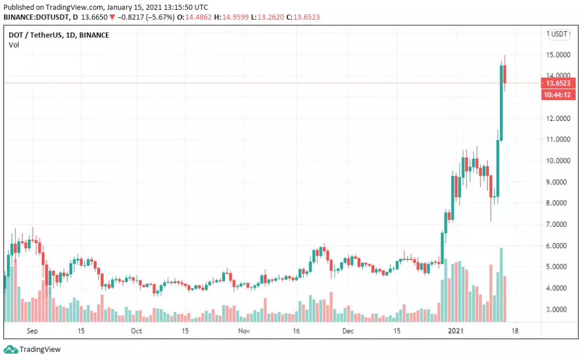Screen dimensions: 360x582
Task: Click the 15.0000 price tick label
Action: (x=558, y=55)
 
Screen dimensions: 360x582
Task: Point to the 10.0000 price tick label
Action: (x=558, y=161)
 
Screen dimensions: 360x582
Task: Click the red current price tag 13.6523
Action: (x=558, y=83)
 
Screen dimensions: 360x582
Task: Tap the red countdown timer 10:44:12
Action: (x=558, y=94)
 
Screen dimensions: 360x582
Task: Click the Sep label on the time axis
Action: (x=32, y=331)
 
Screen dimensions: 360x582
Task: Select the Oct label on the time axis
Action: (x=136, y=331)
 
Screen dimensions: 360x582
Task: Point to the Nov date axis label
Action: (x=244, y=331)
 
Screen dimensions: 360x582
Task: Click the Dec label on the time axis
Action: (x=348, y=331)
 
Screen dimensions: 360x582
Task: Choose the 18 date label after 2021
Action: (x=514, y=331)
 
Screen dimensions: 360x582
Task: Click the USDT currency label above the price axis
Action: (x=559, y=34)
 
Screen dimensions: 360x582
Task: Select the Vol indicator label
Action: (x=13, y=45)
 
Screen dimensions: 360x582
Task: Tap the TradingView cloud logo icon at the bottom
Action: (x=10, y=350)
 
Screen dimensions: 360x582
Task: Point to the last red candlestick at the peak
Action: (x=505, y=74)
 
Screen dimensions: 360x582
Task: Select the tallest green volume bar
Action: (x=501, y=284)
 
